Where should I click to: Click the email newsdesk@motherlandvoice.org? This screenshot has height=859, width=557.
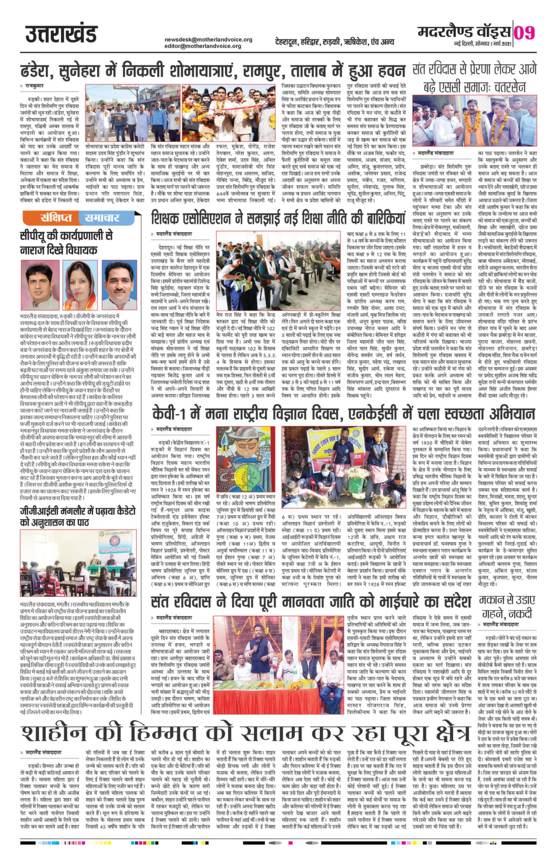[x=209, y=39]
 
